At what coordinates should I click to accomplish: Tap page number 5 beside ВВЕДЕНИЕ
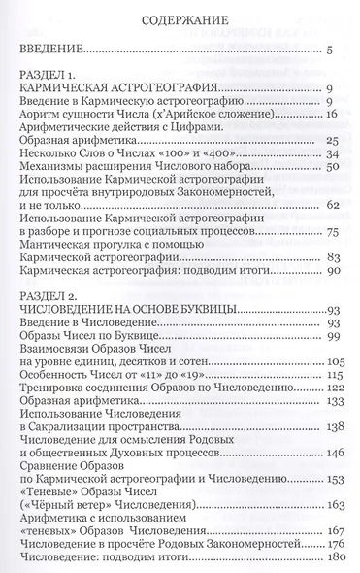pos(330,50)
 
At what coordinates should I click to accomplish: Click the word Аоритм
pos(45,114)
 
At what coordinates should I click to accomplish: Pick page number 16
pos(330,114)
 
